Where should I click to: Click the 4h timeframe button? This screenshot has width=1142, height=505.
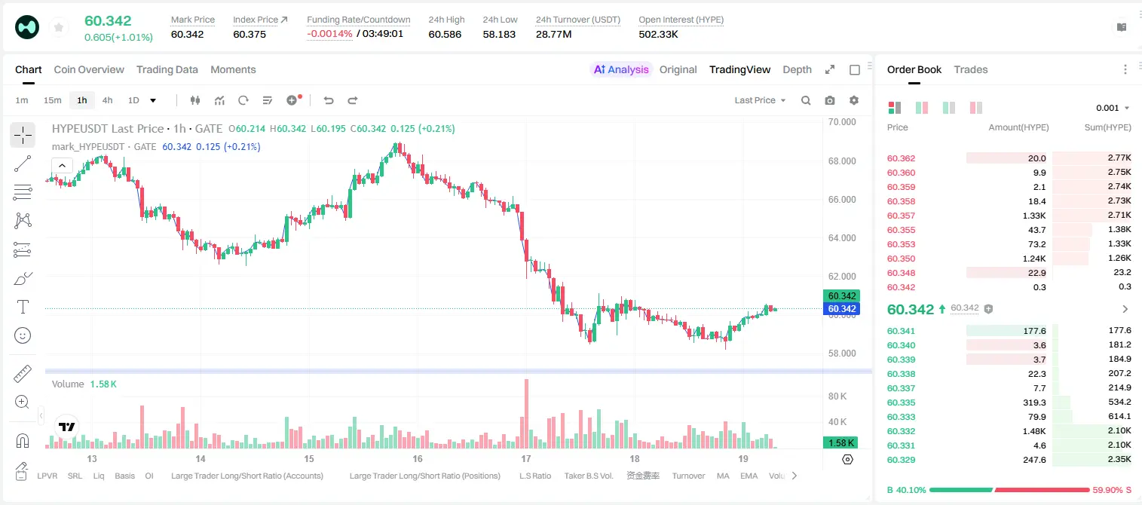pos(107,100)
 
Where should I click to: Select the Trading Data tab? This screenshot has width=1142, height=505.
pos(167,69)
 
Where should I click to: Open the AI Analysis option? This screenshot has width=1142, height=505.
pos(621,69)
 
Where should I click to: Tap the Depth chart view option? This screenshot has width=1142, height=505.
pos(797,69)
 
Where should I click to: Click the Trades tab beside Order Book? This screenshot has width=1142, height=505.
pos(971,69)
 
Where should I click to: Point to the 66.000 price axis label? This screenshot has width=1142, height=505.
pos(842,199)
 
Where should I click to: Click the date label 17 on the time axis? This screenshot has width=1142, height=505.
pos(526,458)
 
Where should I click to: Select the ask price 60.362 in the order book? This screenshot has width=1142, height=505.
pos(901,158)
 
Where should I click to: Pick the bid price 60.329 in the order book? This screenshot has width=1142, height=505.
pos(901,460)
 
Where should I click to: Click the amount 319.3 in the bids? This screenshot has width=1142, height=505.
pos(1034,402)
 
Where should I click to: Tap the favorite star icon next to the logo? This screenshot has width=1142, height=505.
pos(59,28)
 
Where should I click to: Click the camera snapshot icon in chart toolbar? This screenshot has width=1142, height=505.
pos(830,100)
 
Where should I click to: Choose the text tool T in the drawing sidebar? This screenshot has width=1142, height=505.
pos(23,307)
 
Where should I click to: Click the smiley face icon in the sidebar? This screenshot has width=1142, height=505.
pos(23,335)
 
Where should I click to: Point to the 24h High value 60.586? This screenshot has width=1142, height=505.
pos(445,34)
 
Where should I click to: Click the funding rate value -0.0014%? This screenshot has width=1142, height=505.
pos(329,34)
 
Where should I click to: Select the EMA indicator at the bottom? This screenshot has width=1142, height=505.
pos(749,476)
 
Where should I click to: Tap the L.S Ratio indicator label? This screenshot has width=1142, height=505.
pos(535,476)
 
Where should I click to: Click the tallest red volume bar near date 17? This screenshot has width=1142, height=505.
pos(527,414)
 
